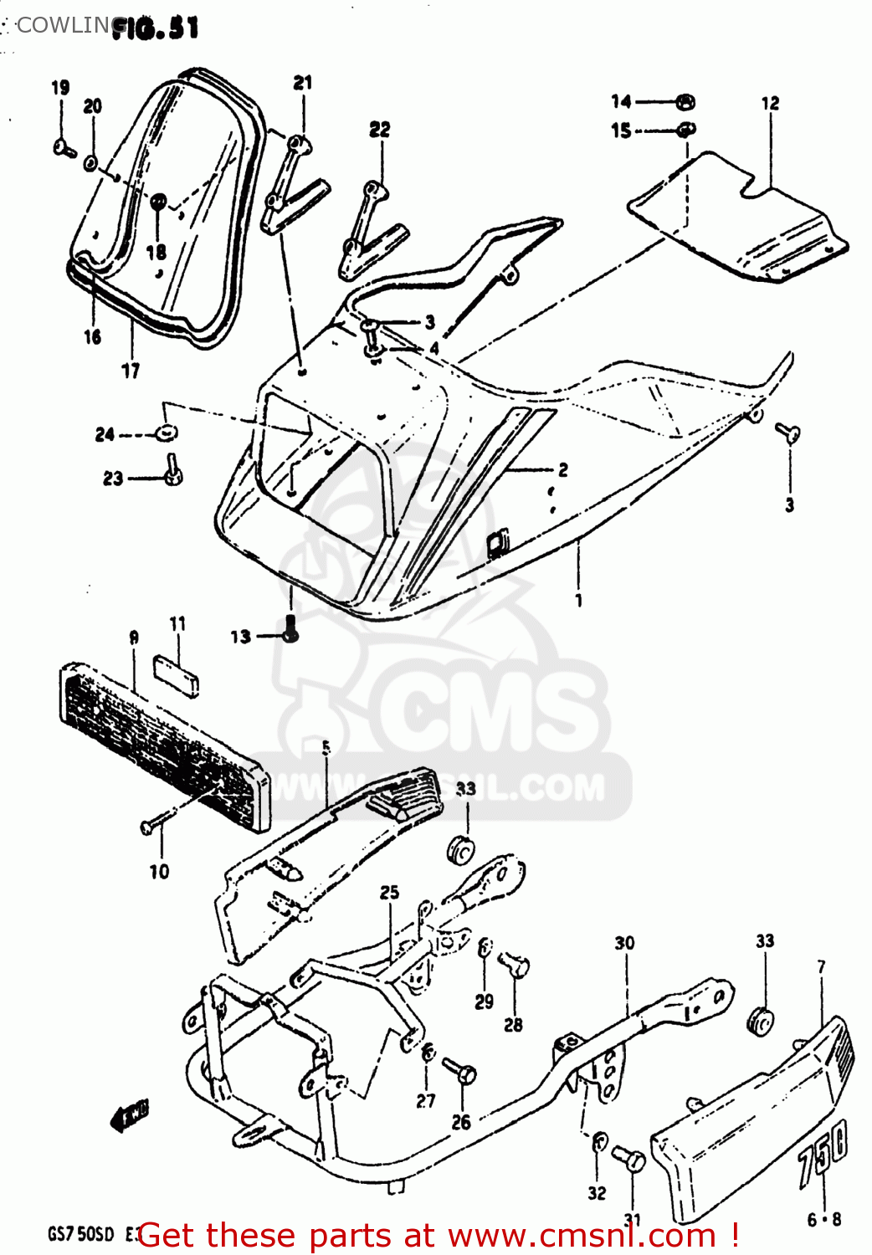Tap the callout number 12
[x=770, y=103]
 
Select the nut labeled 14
[x=685, y=102]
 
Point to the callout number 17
[x=131, y=370]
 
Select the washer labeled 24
[x=166, y=433]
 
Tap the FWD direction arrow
[x=129, y=1116]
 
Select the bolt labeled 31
[x=629, y=1159]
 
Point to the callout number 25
[x=389, y=893]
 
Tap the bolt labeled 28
[x=515, y=966]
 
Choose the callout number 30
[x=624, y=943]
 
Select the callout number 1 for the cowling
[x=578, y=600]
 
